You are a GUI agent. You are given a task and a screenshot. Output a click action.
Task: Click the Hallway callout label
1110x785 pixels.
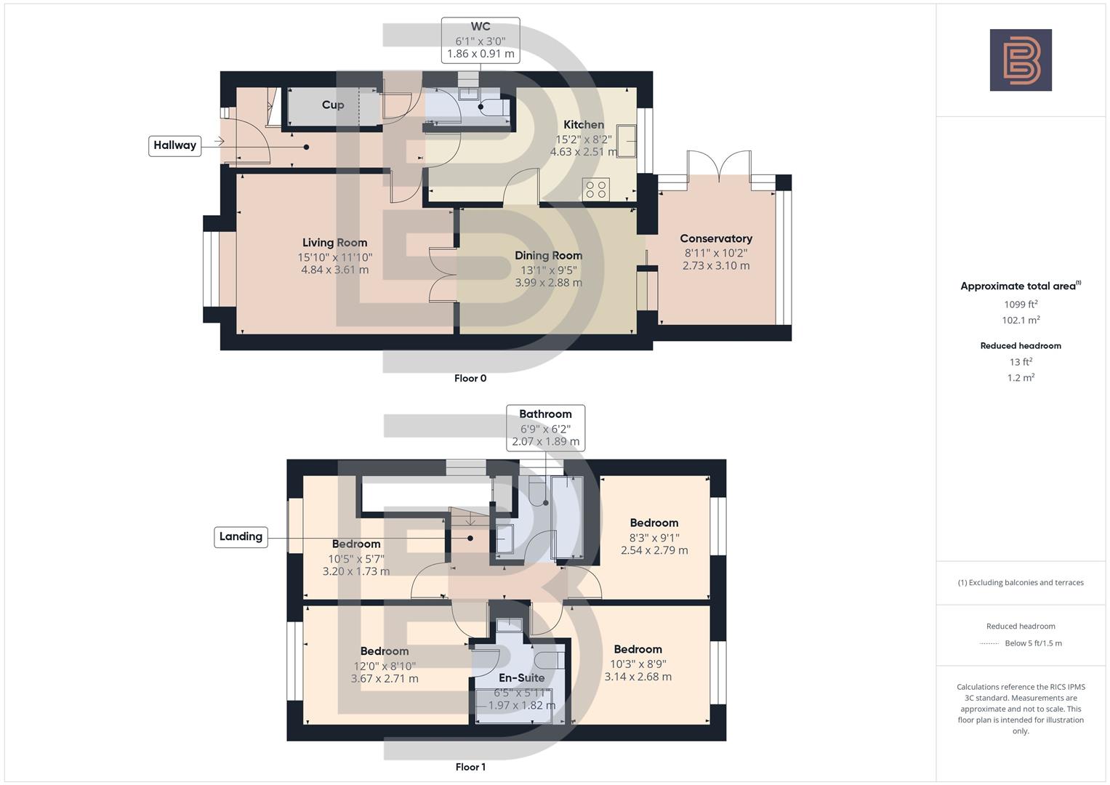coord(174,145)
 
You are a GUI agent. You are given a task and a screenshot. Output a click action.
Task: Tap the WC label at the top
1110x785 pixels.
coord(480,27)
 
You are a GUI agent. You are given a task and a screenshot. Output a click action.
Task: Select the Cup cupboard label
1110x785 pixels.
coord(333,105)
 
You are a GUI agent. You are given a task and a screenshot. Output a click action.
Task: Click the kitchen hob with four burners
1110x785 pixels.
coord(596,190)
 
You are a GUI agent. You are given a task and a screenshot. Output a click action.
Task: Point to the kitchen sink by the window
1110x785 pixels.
coord(626,141)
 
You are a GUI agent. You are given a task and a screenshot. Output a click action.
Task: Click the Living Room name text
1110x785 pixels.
coord(334,243)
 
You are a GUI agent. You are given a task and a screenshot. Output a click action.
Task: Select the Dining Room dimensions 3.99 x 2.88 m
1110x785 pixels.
coord(548,283)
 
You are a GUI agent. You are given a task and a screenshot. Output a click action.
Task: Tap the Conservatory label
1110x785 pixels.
coord(715,238)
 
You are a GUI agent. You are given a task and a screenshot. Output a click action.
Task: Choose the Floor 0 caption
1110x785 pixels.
coord(470,378)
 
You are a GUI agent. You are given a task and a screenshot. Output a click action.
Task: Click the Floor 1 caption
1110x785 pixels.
coord(470,767)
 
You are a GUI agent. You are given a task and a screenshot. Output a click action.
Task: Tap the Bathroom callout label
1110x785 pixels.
coord(545,414)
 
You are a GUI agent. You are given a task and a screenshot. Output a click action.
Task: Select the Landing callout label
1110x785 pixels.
coord(241,536)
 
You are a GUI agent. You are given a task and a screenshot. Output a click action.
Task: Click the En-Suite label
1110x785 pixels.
coord(521,677)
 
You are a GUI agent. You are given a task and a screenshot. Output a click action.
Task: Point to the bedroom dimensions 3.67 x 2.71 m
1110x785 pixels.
coord(385,679)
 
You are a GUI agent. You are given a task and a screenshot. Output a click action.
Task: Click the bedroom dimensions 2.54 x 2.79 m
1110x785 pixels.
coord(653,550)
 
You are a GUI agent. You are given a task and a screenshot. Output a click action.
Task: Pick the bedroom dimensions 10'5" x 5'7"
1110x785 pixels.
coord(355,558)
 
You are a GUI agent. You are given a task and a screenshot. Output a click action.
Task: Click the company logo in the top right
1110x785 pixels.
coord(1020,60)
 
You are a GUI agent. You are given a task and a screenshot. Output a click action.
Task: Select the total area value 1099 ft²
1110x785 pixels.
coord(1020,305)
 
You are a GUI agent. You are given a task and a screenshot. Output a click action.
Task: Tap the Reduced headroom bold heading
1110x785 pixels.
coord(1020,346)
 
